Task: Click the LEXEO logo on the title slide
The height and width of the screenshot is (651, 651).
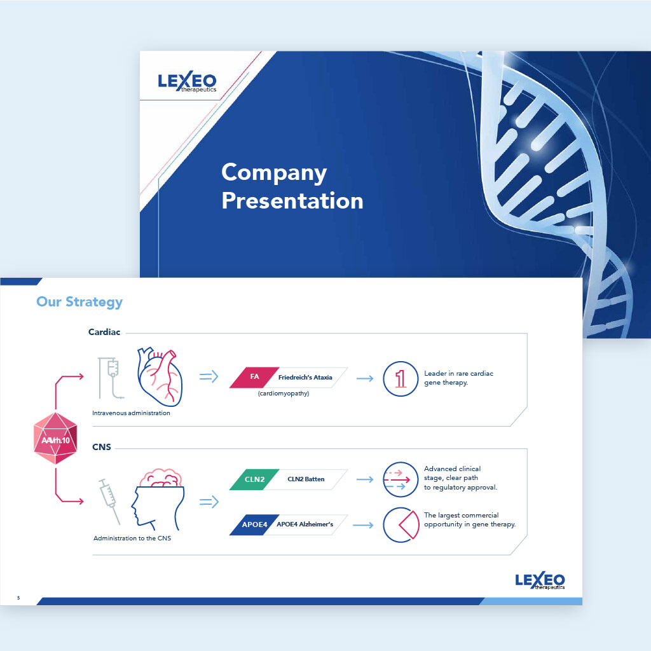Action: (x=188, y=81)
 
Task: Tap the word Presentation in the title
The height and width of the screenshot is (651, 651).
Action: (x=292, y=201)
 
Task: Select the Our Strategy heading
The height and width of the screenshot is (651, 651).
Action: (x=79, y=302)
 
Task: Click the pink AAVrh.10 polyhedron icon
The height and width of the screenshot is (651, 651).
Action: (x=55, y=438)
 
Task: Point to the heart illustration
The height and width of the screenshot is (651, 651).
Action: (x=160, y=376)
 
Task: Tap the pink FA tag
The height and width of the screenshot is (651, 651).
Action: (x=254, y=378)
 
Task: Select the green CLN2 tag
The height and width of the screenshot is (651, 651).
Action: (x=254, y=479)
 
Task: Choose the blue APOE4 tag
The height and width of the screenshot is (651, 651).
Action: (x=254, y=524)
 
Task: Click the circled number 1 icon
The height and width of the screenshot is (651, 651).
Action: (x=401, y=379)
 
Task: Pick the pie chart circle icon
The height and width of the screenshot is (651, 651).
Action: (x=401, y=524)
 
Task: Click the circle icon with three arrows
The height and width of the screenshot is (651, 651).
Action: (x=401, y=479)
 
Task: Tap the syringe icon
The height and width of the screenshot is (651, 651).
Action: (x=109, y=501)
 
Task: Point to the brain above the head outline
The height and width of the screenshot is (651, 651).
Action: (x=160, y=478)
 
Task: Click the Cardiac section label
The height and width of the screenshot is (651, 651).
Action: (x=104, y=332)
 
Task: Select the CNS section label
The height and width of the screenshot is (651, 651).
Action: (x=101, y=447)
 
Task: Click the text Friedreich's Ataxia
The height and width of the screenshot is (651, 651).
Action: (x=305, y=378)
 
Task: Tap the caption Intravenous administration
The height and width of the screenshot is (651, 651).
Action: (x=131, y=413)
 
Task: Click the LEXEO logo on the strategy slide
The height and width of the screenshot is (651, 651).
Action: (x=540, y=580)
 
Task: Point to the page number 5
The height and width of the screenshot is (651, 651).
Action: (x=18, y=598)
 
